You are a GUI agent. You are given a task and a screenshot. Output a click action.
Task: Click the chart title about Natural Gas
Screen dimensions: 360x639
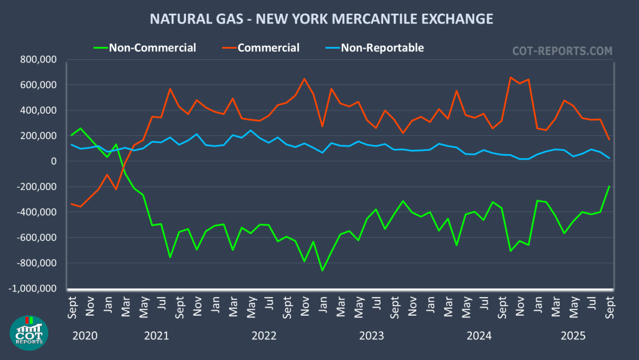click(321, 19)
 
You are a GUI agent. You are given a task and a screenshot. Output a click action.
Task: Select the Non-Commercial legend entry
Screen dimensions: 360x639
click(152, 47)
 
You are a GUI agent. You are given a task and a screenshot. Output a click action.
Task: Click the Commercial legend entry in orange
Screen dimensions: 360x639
click(268, 47)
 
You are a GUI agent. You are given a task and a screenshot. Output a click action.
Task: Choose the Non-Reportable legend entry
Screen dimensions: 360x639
click(382, 47)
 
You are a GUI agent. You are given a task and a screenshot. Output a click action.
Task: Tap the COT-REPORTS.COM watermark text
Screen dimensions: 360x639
click(562, 51)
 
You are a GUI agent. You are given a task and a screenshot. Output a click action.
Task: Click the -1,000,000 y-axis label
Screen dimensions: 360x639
click(32, 289)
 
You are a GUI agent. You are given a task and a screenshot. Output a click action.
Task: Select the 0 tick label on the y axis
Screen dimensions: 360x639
click(54, 162)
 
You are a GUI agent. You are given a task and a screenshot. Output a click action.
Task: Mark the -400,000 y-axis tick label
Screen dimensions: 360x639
click(35, 213)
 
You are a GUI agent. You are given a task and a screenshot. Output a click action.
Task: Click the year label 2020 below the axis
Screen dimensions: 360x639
click(85, 336)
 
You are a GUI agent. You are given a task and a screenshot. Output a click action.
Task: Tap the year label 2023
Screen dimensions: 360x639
click(372, 336)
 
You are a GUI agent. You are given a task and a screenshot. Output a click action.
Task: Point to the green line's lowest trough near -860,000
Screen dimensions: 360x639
click(322, 270)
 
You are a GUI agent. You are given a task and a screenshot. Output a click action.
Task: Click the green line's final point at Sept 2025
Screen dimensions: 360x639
click(609, 187)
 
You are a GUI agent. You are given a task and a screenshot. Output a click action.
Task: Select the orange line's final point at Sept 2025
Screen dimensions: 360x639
click(609, 139)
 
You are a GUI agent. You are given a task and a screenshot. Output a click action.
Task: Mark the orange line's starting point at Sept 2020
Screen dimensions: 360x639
click(71, 204)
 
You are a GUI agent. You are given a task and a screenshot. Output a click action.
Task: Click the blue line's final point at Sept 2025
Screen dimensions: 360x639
click(609, 158)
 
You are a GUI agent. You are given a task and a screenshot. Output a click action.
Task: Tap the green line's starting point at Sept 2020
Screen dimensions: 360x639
click(71, 135)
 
